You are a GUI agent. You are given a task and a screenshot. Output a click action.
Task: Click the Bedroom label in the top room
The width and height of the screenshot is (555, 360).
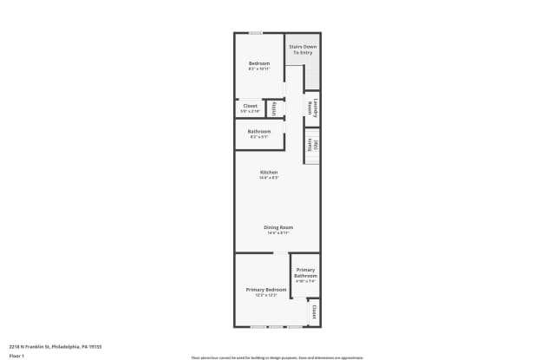[x=259, y=63]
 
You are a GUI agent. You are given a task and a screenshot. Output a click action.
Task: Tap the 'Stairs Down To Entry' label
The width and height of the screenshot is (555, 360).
[x=302, y=49]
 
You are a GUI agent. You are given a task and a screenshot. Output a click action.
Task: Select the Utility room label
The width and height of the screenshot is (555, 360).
[x=274, y=108]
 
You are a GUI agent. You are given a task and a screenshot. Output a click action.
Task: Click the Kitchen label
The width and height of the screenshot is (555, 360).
[x=269, y=172]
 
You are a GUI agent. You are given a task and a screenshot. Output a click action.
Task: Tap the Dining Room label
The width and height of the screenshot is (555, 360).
[x=278, y=227]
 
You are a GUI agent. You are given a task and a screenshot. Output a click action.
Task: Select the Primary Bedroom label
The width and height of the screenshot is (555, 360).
[x=265, y=289]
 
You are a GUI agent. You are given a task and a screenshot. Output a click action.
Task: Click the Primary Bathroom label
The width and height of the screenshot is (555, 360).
[x=306, y=272]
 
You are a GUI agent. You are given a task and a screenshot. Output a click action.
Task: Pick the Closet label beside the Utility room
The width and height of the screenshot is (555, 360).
[x=250, y=106]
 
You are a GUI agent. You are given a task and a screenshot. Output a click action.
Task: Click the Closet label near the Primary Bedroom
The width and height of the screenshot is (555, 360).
[x=314, y=311]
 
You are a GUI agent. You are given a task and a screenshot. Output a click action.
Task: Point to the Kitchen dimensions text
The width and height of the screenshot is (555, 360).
[x=269, y=178]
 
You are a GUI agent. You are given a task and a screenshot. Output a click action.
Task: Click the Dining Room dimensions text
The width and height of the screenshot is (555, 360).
[x=278, y=232]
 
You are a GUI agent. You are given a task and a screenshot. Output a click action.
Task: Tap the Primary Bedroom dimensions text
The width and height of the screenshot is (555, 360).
[x=265, y=295]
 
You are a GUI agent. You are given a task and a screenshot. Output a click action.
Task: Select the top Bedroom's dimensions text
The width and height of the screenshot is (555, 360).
[x=259, y=69]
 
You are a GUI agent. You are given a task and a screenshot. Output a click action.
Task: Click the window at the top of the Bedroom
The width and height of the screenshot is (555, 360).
[x=256, y=33]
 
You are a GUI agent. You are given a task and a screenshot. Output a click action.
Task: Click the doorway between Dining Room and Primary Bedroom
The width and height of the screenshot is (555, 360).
[x=281, y=253]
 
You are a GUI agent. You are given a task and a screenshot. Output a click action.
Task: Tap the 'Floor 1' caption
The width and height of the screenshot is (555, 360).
[x=16, y=356]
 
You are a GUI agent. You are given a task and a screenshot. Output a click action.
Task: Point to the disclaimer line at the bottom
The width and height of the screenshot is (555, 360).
[x=277, y=357]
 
